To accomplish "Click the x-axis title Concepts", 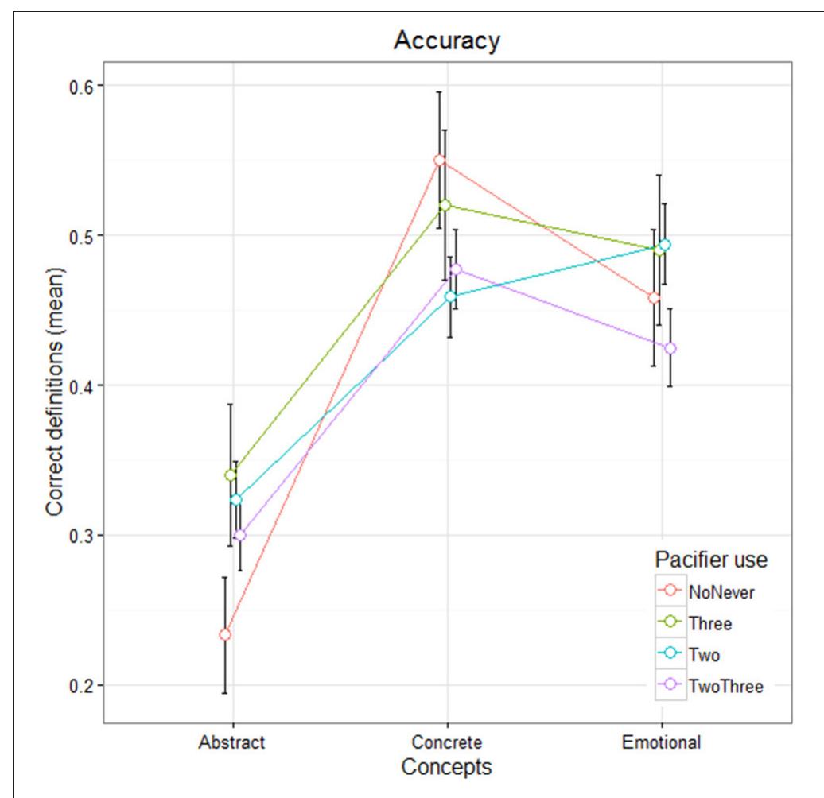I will [x=446, y=767].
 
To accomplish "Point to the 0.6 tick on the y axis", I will [x=78, y=86].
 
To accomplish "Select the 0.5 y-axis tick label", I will [x=78, y=236].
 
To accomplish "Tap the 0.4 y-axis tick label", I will [x=78, y=385].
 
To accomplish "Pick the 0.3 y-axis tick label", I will [x=78, y=536].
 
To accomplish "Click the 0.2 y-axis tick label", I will [x=78, y=685].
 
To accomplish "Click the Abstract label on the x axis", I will [x=232, y=743].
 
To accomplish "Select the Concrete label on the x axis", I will [x=446, y=743].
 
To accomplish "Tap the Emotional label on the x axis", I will [x=661, y=743].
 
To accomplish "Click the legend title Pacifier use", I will [x=710, y=560].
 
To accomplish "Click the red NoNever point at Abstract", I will [x=225, y=634].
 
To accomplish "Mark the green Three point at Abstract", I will [x=231, y=475].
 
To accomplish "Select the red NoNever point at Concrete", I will [x=439, y=161].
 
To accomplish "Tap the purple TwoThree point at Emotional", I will [x=670, y=348].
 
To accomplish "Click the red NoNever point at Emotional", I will [x=654, y=298].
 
